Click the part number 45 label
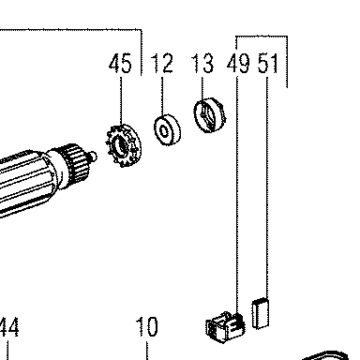pos(120,63)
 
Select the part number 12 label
pos(162,63)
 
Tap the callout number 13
pos(202,63)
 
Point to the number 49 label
pos(238,63)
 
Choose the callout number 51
pos(268,63)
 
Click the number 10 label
pos(147,327)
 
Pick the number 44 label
pos(8,327)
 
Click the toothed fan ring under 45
pos(123,145)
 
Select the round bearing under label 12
pos(168,129)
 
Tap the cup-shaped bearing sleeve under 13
pos(210,115)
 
